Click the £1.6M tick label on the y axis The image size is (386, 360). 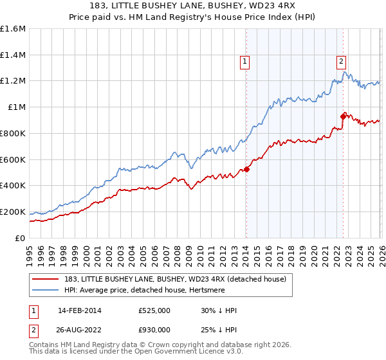coord(13,28)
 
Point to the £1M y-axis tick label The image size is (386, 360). coord(17,107)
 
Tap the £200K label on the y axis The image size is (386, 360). coord(13,212)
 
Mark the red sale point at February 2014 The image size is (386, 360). coord(246,169)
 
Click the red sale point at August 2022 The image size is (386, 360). coord(343,116)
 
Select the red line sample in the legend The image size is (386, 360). coord(46,278)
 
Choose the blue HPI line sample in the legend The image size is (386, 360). coord(46,290)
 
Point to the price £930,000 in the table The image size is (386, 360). coord(154,330)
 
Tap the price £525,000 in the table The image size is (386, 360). coord(154,310)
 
